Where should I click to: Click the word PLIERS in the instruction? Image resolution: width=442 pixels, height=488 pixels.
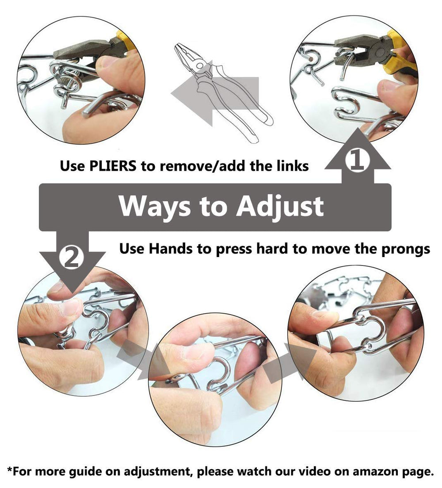click(x=113, y=165)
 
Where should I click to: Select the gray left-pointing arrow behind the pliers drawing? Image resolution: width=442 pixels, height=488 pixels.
click(x=214, y=93)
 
